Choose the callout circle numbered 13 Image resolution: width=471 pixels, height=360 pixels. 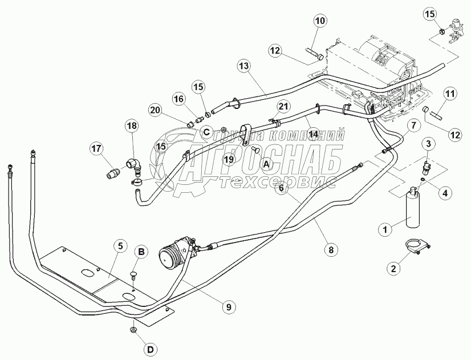tap(243, 67)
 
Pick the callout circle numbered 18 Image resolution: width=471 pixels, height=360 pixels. tap(132, 126)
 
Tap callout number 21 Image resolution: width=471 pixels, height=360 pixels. tap(283, 107)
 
